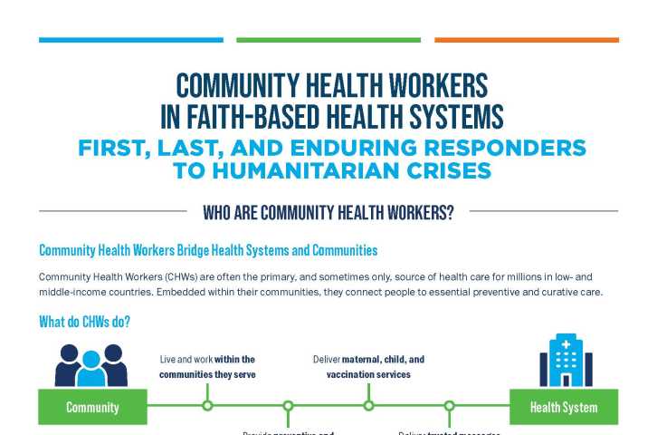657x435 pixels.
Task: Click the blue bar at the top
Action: tap(131, 40)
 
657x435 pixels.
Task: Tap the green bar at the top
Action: tap(328, 40)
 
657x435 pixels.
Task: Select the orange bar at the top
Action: tap(526, 40)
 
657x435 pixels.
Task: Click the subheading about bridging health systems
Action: tap(208, 250)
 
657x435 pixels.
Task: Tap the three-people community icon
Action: tap(91, 364)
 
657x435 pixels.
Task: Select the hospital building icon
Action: tap(566, 360)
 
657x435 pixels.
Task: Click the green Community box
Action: tap(92, 407)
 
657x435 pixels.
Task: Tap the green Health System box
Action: tap(563, 407)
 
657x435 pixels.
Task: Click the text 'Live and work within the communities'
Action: tap(207, 366)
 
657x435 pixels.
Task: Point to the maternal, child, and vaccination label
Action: tap(368, 366)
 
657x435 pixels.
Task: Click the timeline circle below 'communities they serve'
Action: tap(207, 406)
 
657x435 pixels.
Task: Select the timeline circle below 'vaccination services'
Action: tap(368, 406)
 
